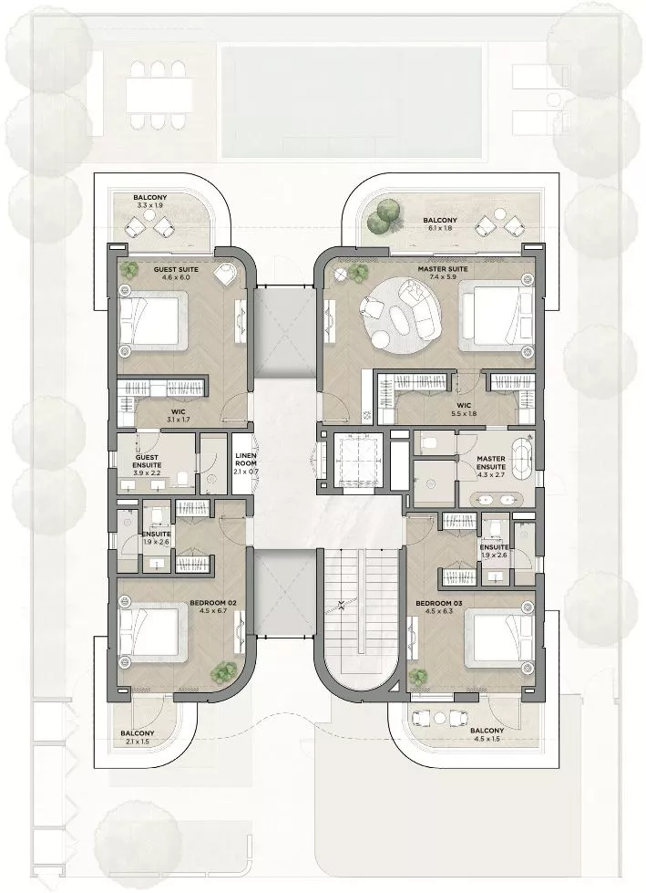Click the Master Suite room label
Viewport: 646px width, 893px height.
443,269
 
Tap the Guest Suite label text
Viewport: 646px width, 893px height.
176,269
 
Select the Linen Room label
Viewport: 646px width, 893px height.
246,459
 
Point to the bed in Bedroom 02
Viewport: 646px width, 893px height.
152,634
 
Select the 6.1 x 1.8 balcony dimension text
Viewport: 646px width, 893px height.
439,228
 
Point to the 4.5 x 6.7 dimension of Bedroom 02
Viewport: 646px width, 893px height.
213,610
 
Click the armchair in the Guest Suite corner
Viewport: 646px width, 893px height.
226,274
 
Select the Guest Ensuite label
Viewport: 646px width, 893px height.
147,462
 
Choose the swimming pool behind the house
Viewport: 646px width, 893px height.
352,101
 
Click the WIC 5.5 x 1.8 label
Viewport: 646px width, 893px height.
464,410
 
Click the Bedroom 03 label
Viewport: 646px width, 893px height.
439,603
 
